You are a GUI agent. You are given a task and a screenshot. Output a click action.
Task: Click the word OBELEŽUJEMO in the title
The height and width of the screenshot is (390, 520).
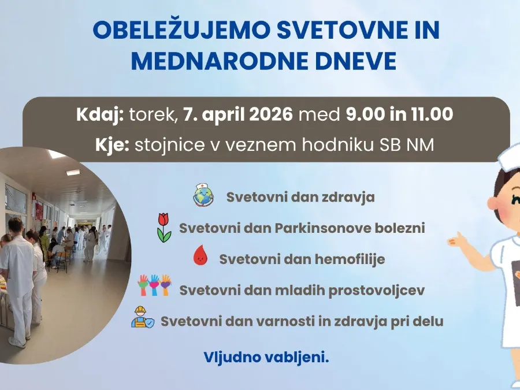183,30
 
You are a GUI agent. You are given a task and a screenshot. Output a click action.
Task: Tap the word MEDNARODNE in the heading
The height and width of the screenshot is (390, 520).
220,61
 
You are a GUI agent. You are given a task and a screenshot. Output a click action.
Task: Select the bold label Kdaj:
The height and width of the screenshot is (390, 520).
100,115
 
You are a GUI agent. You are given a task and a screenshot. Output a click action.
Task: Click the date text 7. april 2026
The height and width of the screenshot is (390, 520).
238,114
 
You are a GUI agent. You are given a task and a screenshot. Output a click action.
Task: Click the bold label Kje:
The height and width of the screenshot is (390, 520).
112,146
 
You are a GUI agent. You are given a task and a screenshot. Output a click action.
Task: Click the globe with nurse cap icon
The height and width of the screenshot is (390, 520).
203,195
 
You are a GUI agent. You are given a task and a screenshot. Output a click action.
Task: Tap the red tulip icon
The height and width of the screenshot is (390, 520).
164,228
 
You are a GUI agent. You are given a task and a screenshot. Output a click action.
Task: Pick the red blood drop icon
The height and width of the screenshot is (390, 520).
200,255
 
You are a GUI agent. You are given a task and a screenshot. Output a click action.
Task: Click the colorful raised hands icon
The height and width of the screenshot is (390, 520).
154,285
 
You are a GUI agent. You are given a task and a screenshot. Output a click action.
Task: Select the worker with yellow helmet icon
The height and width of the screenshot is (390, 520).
142,317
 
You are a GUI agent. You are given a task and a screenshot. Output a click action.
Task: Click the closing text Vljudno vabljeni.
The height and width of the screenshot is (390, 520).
266,358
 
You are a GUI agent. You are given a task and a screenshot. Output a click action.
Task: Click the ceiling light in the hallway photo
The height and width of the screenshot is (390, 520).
73,172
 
